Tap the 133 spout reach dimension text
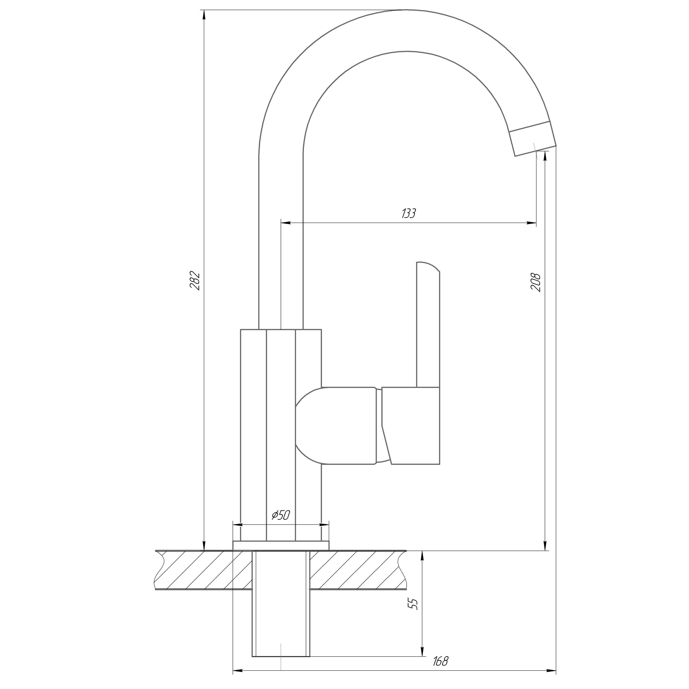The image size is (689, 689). [x=409, y=213]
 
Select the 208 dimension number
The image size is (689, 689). [x=536, y=282]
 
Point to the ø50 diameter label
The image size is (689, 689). [x=281, y=515]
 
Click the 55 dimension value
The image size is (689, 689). [x=414, y=604]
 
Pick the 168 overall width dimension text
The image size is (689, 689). [x=440, y=662]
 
